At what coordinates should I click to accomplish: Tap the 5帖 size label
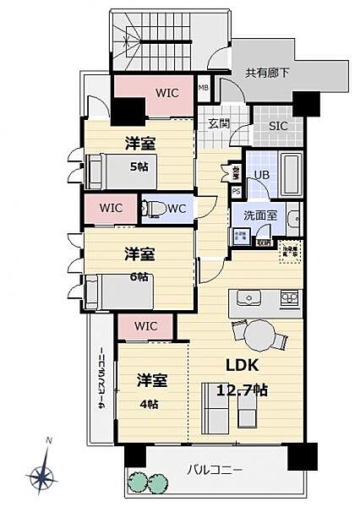tap(139, 166)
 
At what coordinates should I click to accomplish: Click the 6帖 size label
tap(139, 275)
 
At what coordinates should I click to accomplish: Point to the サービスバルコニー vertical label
tap(101, 379)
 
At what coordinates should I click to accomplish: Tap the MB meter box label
tap(203, 87)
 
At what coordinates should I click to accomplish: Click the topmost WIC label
tap(166, 93)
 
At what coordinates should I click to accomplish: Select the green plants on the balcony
tap(148, 481)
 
